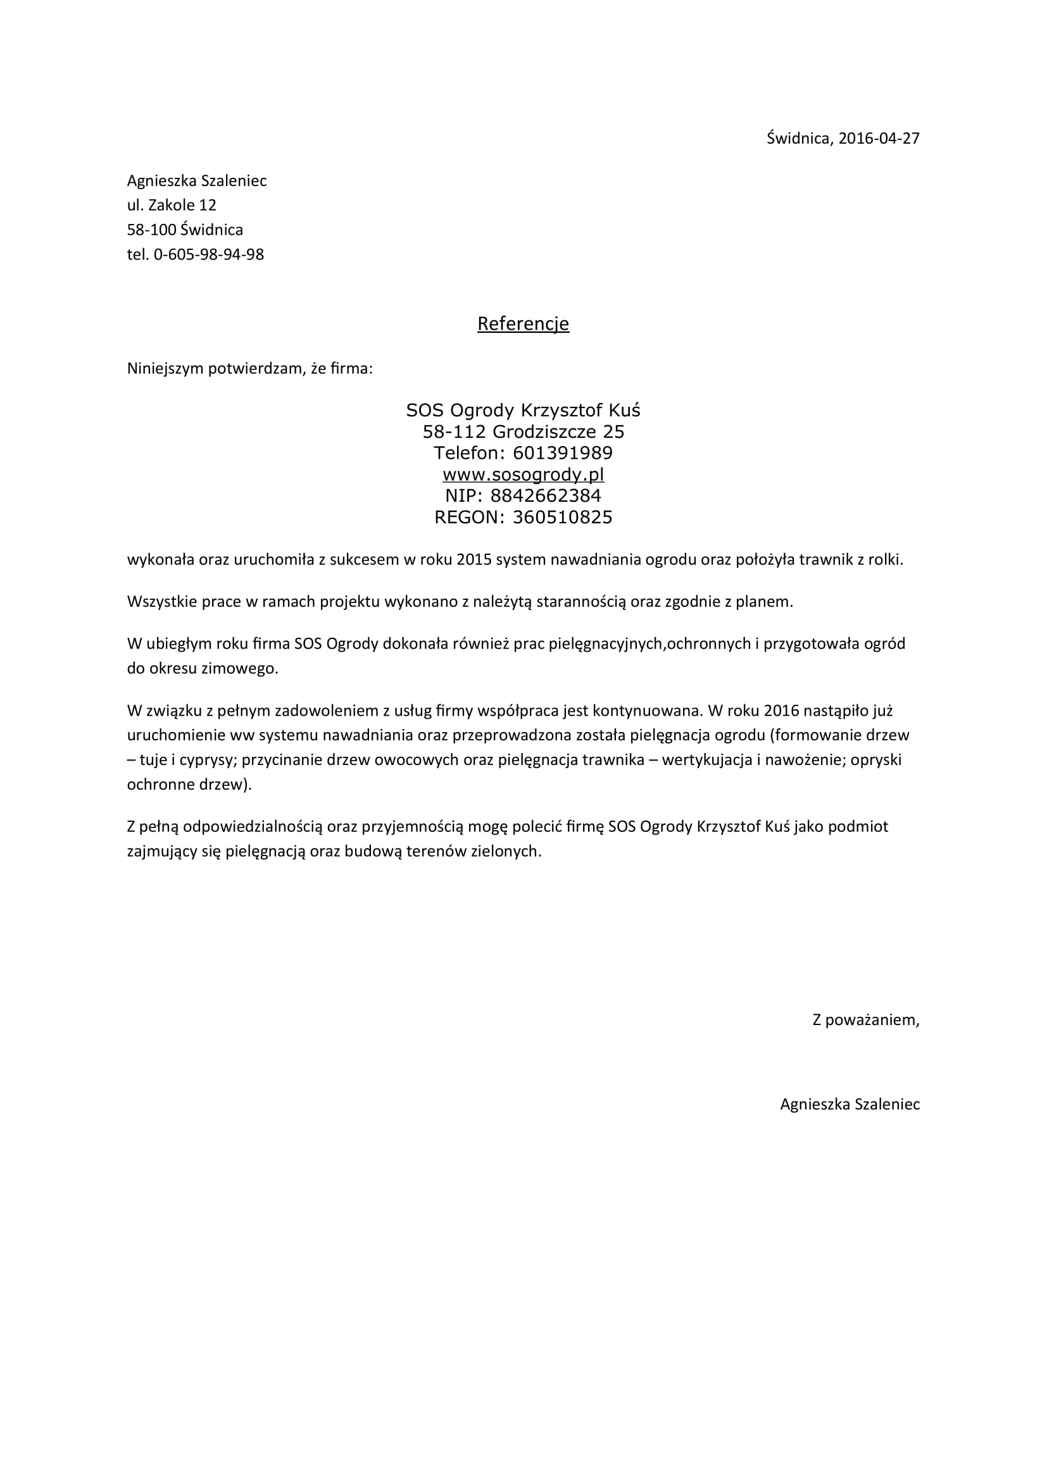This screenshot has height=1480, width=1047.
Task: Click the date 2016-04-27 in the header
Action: coord(879,139)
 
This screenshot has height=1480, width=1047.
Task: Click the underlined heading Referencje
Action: coord(523,323)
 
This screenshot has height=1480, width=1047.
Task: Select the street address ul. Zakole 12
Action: coord(172,206)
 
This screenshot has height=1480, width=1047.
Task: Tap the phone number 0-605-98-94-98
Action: coord(208,254)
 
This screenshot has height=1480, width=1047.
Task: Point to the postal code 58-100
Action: coord(151,230)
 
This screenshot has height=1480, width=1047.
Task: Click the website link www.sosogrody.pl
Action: coord(523,475)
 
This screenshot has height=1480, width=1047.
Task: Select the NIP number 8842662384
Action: coord(546,496)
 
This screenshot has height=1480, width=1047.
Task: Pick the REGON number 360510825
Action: coord(562,518)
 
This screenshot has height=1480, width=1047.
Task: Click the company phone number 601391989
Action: coord(563,453)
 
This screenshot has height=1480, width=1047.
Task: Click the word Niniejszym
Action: coord(165,370)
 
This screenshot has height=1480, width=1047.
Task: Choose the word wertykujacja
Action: coord(707,760)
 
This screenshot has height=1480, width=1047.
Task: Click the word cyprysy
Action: coord(208,760)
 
